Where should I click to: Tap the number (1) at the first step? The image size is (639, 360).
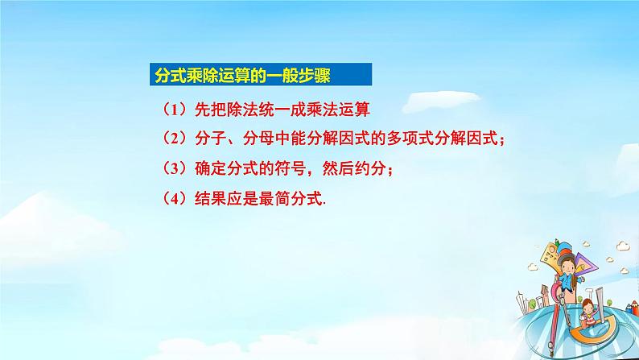point(171,109)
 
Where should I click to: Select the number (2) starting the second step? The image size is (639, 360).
point(171,139)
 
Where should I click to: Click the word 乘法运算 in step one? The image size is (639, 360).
point(349,109)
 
